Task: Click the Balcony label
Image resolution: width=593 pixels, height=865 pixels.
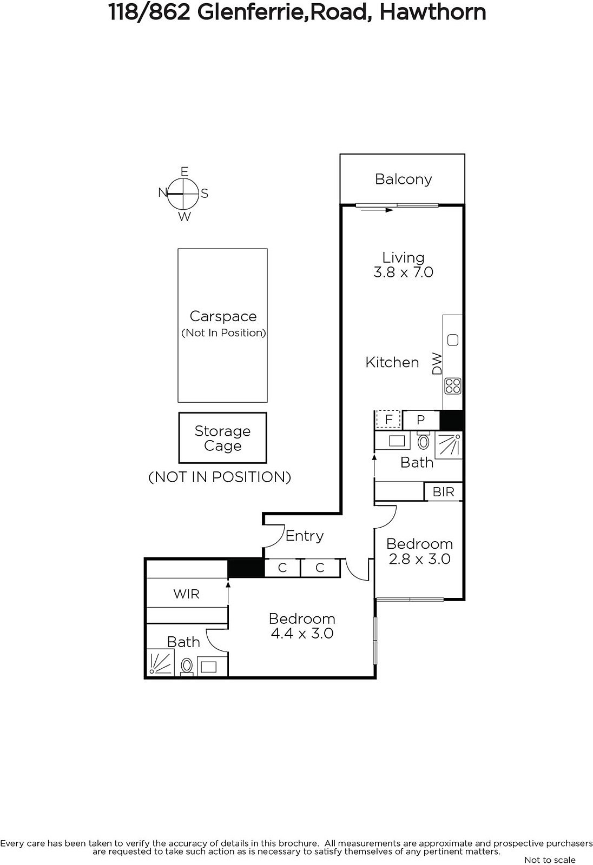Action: coord(403,179)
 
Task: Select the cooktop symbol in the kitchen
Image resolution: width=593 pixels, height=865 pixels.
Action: coord(453,385)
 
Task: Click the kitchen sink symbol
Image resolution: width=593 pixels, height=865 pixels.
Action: coord(453,340)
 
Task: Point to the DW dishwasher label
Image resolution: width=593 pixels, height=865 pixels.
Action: coord(437,363)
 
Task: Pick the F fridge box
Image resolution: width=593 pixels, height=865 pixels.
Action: coord(388,420)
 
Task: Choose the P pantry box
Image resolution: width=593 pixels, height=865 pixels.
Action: coord(420,420)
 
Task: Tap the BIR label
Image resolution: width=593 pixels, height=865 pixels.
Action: coord(443,491)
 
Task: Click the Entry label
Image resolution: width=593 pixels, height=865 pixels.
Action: coord(304,536)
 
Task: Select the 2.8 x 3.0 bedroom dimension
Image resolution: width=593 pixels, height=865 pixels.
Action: coord(419,559)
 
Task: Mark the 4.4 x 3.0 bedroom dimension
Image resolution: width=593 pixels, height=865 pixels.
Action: coord(302,633)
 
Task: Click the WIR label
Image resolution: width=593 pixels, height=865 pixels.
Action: coord(186,594)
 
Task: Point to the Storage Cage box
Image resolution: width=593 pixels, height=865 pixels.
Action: coord(223,438)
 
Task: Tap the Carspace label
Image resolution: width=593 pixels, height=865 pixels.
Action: coord(223,316)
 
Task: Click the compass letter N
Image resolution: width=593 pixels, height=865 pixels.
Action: coord(162,192)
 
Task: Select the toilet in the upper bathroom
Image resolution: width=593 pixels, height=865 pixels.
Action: coord(423,441)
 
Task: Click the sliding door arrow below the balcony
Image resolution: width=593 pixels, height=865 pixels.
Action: coord(377,210)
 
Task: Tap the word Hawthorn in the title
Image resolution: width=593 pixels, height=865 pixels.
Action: coord(432,12)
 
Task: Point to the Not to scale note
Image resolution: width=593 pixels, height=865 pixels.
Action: coord(550,860)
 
